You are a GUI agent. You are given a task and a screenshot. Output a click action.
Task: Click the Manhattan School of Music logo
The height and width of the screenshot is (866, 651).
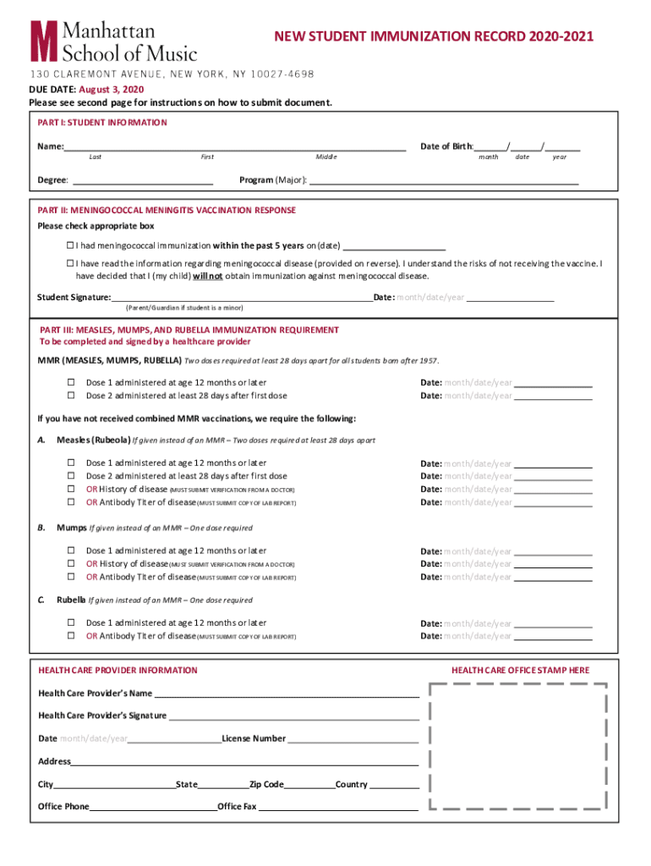pyautogui.click(x=113, y=41)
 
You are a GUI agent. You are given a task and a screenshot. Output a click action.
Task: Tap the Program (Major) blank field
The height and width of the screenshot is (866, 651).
pyautogui.click(x=444, y=179)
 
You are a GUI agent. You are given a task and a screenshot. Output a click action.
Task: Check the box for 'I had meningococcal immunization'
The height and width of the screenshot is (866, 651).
pyautogui.click(x=71, y=245)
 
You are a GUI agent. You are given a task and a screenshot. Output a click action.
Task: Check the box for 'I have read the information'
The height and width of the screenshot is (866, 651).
pyautogui.click(x=71, y=264)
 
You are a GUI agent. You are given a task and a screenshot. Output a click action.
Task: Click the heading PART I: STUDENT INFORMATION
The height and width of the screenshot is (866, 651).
pyautogui.click(x=102, y=123)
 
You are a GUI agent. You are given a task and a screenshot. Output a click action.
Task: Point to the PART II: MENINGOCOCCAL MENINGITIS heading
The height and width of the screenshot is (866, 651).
pyautogui.click(x=167, y=211)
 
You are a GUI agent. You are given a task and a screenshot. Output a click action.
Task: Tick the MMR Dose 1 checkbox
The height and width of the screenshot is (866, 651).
pyautogui.click(x=71, y=382)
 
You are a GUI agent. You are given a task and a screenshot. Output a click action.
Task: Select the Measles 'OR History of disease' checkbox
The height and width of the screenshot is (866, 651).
pyautogui.click(x=71, y=489)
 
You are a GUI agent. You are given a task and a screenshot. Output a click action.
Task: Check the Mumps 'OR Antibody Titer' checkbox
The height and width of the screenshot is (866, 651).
pyautogui.click(x=71, y=578)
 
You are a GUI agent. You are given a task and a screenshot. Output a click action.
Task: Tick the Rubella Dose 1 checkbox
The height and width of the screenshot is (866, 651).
pyautogui.click(x=71, y=622)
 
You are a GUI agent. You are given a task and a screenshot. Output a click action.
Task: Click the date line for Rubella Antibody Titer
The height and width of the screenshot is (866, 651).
pyautogui.click(x=553, y=636)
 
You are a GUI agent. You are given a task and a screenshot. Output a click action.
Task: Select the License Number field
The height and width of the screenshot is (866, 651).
pyautogui.click(x=353, y=738)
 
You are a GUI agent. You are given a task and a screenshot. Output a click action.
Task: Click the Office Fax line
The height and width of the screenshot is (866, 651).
pyautogui.click(x=338, y=807)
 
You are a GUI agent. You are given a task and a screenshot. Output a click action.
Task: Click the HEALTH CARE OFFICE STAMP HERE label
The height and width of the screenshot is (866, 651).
pyautogui.click(x=520, y=671)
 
